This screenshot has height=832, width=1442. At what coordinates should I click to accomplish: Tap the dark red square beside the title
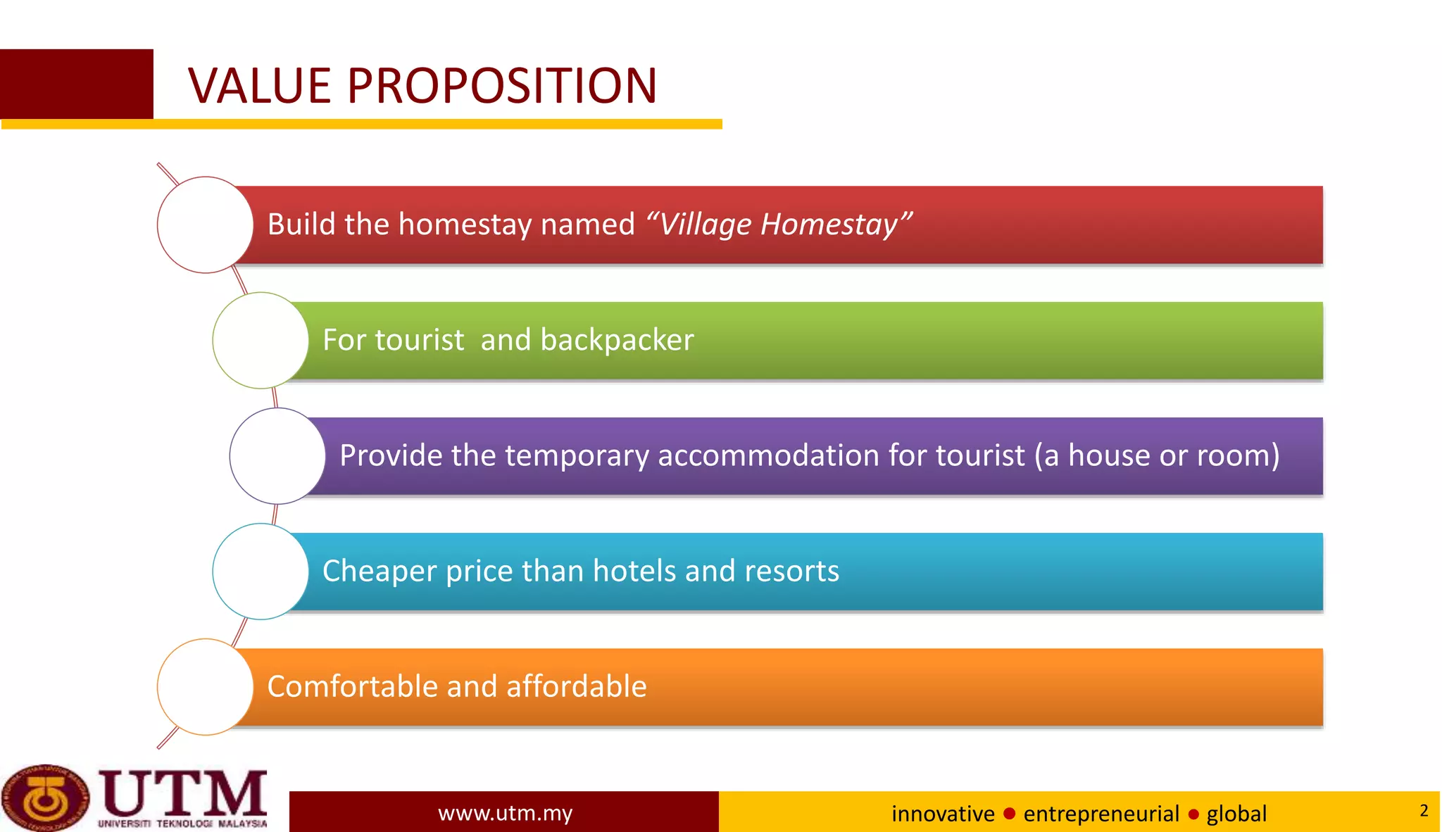[76, 84]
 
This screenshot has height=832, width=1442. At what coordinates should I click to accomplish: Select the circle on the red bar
[205, 225]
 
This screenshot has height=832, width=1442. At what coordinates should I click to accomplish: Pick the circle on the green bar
[261, 340]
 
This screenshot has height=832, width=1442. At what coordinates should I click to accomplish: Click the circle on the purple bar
[277, 455]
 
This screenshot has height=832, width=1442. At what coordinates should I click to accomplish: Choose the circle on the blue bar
[261, 571]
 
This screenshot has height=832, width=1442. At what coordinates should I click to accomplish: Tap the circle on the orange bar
[205, 686]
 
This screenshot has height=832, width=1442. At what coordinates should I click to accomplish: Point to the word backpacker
[617, 340]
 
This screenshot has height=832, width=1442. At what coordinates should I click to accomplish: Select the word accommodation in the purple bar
[768, 455]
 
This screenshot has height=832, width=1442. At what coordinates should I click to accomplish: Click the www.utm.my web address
[505, 813]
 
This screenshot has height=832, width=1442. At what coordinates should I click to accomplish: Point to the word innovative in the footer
[943, 814]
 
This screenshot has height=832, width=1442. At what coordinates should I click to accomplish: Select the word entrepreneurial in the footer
[1101, 814]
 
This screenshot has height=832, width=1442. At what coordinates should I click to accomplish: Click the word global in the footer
[1236, 814]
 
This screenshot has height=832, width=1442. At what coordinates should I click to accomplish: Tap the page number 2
[1424, 810]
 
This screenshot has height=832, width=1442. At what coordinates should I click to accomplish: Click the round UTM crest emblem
[45, 798]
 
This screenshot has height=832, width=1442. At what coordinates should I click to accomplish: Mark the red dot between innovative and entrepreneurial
[1009, 814]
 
